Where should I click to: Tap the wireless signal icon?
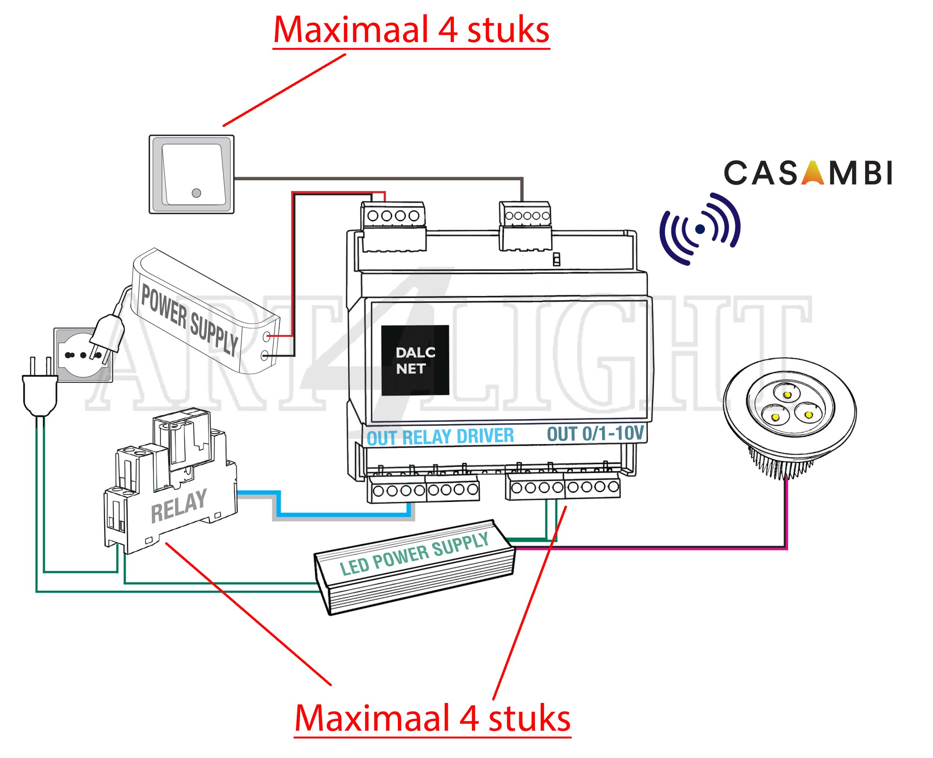pos(700,229)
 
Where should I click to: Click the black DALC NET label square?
pos(415,360)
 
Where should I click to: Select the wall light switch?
pos(191,174)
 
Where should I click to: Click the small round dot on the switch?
pos(196,192)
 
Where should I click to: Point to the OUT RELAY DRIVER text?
pos(440,437)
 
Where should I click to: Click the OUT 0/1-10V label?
pos(595,434)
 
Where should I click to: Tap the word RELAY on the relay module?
pos(178,507)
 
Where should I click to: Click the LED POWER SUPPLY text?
pos(414,554)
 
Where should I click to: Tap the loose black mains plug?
pos(40,391)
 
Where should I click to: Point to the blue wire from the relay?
pos(344,514)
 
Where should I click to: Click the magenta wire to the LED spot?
pos(654,548)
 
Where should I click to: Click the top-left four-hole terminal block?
pos(393,215)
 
